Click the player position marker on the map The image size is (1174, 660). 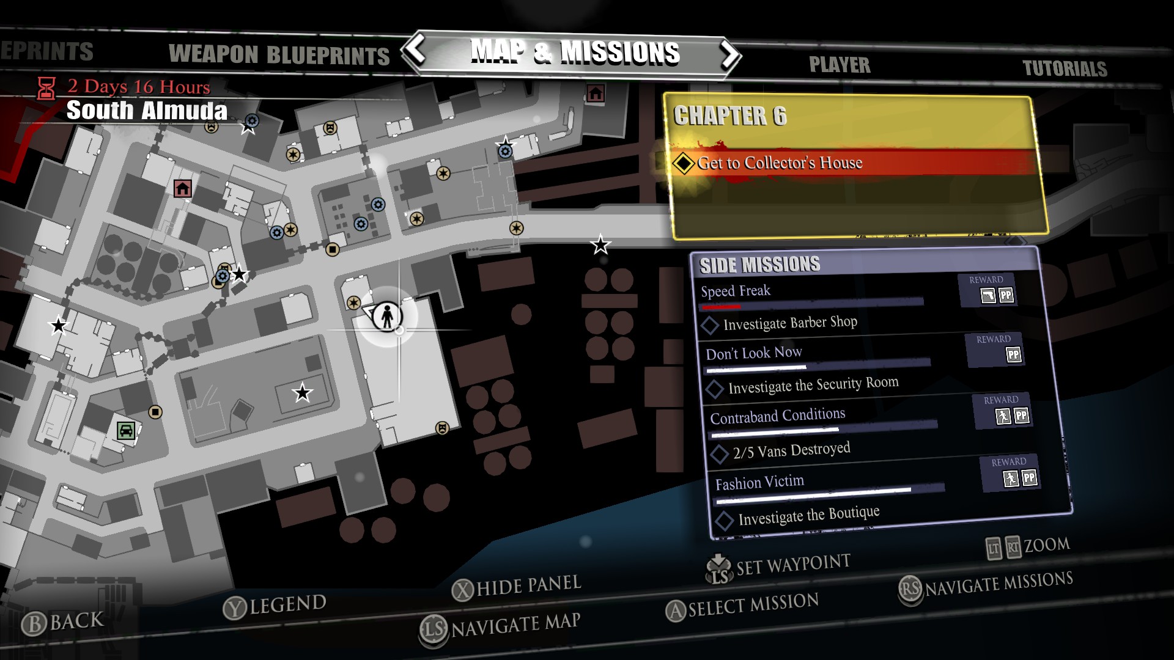click(x=387, y=317)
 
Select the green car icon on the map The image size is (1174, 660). click(x=126, y=430)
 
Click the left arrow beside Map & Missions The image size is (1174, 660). click(x=416, y=50)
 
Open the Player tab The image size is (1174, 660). click(x=839, y=65)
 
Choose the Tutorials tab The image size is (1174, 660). click(x=1065, y=68)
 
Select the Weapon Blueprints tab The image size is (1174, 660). click(x=279, y=55)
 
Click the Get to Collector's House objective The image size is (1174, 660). click(x=780, y=163)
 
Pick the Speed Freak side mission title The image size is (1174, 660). click(x=735, y=291)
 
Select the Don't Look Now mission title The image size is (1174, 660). click(x=753, y=353)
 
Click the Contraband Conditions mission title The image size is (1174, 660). click(x=777, y=416)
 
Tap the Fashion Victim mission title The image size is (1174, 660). click(x=759, y=483)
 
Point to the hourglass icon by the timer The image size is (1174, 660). click(x=46, y=88)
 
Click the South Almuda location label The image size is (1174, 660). click(x=147, y=111)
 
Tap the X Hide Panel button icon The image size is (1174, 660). click(x=463, y=590)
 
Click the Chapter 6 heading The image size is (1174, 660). click(x=729, y=116)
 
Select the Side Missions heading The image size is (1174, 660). click(x=759, y=265)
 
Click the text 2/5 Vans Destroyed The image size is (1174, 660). click(x=791, y=451)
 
